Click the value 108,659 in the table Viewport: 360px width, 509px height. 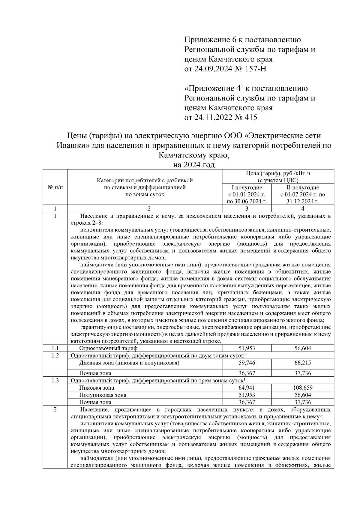tap(302, 388)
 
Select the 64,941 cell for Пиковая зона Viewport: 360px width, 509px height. tap(247, 388)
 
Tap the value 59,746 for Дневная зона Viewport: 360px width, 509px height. tap(247, 363)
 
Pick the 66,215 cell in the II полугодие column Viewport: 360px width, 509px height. tap(302, 363)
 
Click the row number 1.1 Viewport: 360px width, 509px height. tap(55, 348)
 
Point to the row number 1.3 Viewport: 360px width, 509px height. tap(55, 380)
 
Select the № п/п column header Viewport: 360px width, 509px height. tap(55, 187)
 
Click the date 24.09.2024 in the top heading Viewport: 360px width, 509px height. tap(213, 69)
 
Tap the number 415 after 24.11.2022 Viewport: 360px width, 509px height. tap(251, 117)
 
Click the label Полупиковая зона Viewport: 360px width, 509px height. tap(103, 395)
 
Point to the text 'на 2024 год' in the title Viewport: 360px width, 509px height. tap(194, 165)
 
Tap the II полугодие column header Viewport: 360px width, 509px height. tap(302, 187)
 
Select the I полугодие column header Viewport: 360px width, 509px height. tap(247, 187)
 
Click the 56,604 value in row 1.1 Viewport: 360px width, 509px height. tap(302, 348)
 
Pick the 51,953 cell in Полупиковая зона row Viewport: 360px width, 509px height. tap(247, 395)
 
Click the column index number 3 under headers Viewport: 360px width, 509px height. tap(247, 208)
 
